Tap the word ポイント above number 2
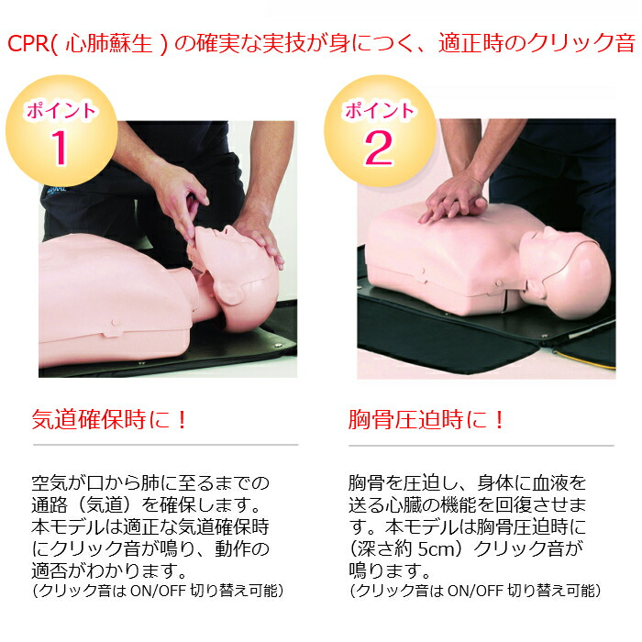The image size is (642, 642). [379, 112]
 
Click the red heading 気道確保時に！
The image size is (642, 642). [110, 420]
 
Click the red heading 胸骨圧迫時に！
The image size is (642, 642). [427, 420]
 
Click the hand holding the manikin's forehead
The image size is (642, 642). [259, 236]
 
